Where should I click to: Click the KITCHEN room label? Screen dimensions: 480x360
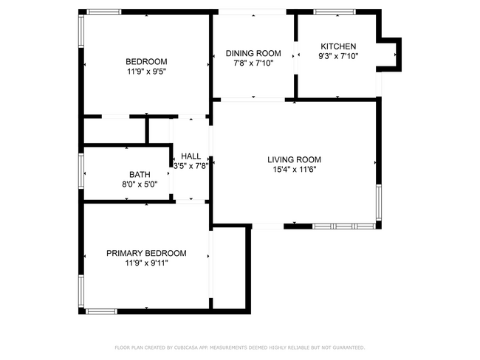pos(338,46)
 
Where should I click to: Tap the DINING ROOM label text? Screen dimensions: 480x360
pos(253,54)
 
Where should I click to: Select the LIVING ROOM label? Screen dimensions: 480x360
pos(294,159)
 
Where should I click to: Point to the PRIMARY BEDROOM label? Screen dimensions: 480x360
pos(146,253)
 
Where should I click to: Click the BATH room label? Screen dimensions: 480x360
pos(140,175)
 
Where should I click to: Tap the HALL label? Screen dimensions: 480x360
pos(191,156)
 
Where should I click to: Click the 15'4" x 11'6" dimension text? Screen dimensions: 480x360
pos(294,170)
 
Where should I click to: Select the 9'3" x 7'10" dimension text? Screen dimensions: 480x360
pos(338,56)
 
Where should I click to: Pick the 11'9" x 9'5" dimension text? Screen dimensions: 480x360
pos(146,72)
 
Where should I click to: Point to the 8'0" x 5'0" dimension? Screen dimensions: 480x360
pos(140,184)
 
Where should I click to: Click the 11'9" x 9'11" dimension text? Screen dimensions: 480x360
pos(146,263)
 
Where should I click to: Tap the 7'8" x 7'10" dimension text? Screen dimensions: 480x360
pos(253,63)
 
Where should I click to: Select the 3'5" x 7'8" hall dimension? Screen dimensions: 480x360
pos(191,166)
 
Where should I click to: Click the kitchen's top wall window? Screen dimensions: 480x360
pos(335,12)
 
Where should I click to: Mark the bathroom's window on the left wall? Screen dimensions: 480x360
pos(81,171)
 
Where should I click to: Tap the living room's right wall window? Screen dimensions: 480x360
pos(379,202)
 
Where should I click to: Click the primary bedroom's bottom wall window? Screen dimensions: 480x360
pos(101,311)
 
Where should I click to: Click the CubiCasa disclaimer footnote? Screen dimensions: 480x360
pos(240,347)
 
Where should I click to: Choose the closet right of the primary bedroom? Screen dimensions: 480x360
pos(229,268)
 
